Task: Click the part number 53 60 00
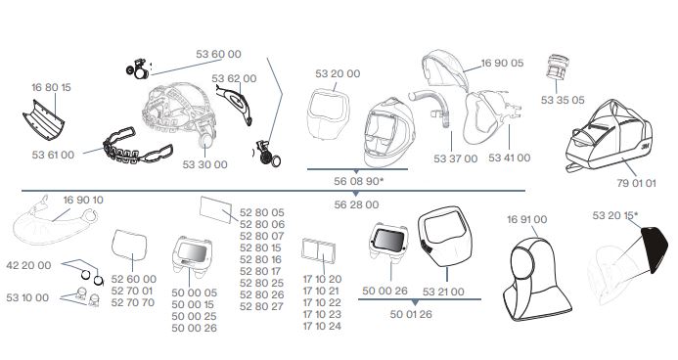tap(218, 54)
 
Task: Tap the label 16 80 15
tap(51, 87)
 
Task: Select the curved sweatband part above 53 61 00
tap(138, 147)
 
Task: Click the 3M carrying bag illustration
tap(609, 136)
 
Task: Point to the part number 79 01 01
tap(636, 183)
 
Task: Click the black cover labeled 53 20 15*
tap(655, 249)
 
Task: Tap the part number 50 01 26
tap(411, 314)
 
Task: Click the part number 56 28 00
tap(356, 204)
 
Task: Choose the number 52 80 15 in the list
tap(260, 248)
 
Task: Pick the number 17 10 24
tap(322, 327)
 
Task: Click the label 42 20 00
tap(28, 265)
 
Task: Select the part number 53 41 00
tap(510, 157)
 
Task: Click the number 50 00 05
tap(194, 293)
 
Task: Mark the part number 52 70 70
tap(133, 302)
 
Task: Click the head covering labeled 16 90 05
tap(445, 71)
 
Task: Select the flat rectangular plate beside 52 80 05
tap(216, 210)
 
